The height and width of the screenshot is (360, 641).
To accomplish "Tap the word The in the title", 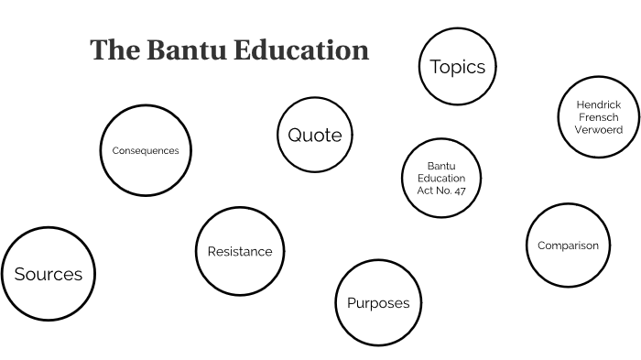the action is point(114,49).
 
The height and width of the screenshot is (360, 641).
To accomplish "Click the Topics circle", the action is point(457,66).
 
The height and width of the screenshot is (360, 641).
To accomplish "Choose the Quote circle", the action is point(315,136).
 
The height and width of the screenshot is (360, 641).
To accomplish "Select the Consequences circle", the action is point(145,150).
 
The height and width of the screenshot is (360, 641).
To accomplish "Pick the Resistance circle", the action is point(240,251).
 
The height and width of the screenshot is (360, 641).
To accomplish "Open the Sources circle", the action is point(49,274).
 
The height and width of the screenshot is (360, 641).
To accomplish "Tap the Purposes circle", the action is point(377,303).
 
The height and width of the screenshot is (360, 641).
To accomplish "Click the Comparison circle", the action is point(568,245).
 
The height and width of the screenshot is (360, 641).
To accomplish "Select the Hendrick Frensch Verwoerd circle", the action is point(598,117).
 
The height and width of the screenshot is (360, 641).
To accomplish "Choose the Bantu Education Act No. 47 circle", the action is point(441,178).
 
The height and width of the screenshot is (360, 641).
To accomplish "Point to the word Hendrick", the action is point(599,104).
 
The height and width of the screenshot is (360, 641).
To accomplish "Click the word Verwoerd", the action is point(599,130).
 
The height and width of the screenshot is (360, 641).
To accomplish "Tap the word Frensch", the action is point(599,117).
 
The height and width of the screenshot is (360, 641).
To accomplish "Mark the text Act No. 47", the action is point(441,191).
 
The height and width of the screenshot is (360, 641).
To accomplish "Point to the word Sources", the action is point(49,274).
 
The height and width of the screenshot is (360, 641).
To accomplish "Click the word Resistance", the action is point(240,251).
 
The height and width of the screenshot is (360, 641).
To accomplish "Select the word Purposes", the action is point(377,303).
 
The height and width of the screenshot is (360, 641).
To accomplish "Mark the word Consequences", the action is point(145,150).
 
